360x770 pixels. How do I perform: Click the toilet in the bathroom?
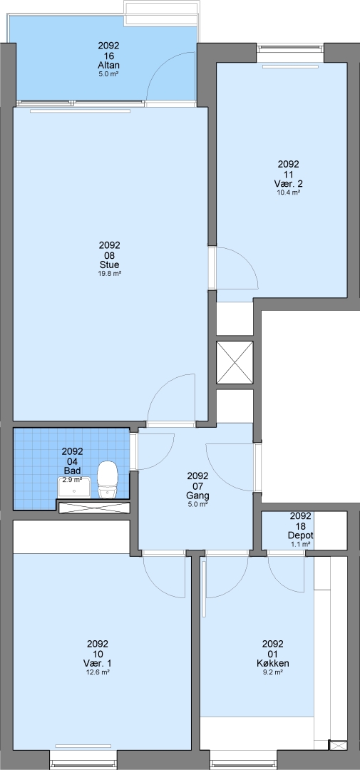[x=108, y=480]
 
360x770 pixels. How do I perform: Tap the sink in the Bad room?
[x=74, y=488]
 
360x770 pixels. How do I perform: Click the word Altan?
[x=108, y=66]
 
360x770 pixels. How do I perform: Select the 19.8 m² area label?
[x=110, y=274]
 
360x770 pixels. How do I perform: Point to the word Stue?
[x=110, y=265]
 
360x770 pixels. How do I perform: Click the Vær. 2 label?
[x=288, y=184]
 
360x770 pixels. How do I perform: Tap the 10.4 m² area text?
[x=288, y=192]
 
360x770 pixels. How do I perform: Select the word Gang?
[x=197, y=495]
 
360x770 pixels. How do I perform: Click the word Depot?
[x=301, y=535]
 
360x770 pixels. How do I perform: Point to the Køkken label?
[x=272, y=664]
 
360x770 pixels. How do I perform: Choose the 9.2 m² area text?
[x=272, y=672]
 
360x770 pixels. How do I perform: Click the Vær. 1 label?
[x=97, y=664]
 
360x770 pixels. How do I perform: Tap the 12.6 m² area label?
[x=97, y=672]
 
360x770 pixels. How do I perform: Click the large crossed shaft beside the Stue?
[x=235, y=362]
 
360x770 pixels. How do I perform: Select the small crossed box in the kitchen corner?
[x=337, y=746]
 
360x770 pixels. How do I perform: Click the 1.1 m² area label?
[x=301, y=544]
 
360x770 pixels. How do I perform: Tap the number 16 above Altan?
[x=108, y=56]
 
